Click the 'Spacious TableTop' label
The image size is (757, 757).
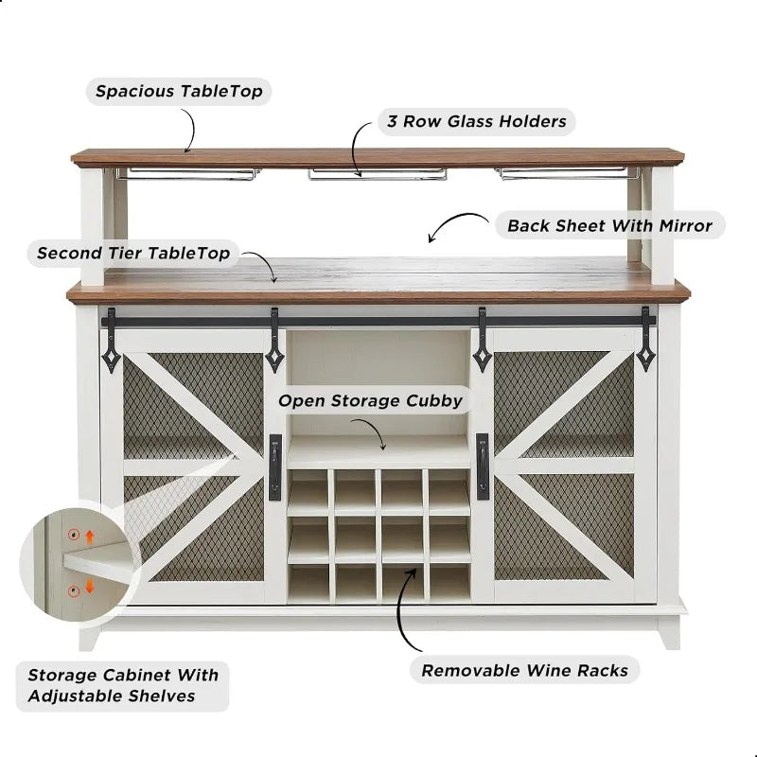pyautogui.click(x=179, y=92)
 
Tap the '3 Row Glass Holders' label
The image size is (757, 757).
pyautogui.click(x=476, y=121)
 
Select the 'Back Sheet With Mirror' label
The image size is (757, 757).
pyautogui.click(x=609, y=225)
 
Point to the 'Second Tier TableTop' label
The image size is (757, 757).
pyautogui.click(x=132, y=254)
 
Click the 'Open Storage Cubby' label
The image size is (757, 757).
pyautogui.click(x=370, y=400)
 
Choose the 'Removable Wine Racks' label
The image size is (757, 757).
pyautogui.click(x=524, y=670)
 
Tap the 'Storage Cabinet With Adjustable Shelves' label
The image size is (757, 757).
pyautogui.click(x=122, y=686)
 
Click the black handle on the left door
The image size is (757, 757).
pyautogui.click(x=274, y=467)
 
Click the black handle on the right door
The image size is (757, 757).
pyautogui.click(x=483, y=467)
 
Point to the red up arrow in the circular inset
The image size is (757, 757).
pyautogui.click(x=90, y=537)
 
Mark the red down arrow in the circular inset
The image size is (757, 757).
pyautogui.click(x=90, y=587)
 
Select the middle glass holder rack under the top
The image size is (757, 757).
pyautogui.click(x=377, y=173)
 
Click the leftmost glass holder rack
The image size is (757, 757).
pyautogui.click(x=187, y=173)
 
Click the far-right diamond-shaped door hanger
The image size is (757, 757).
pyautogui.click(x=645, y=350)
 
